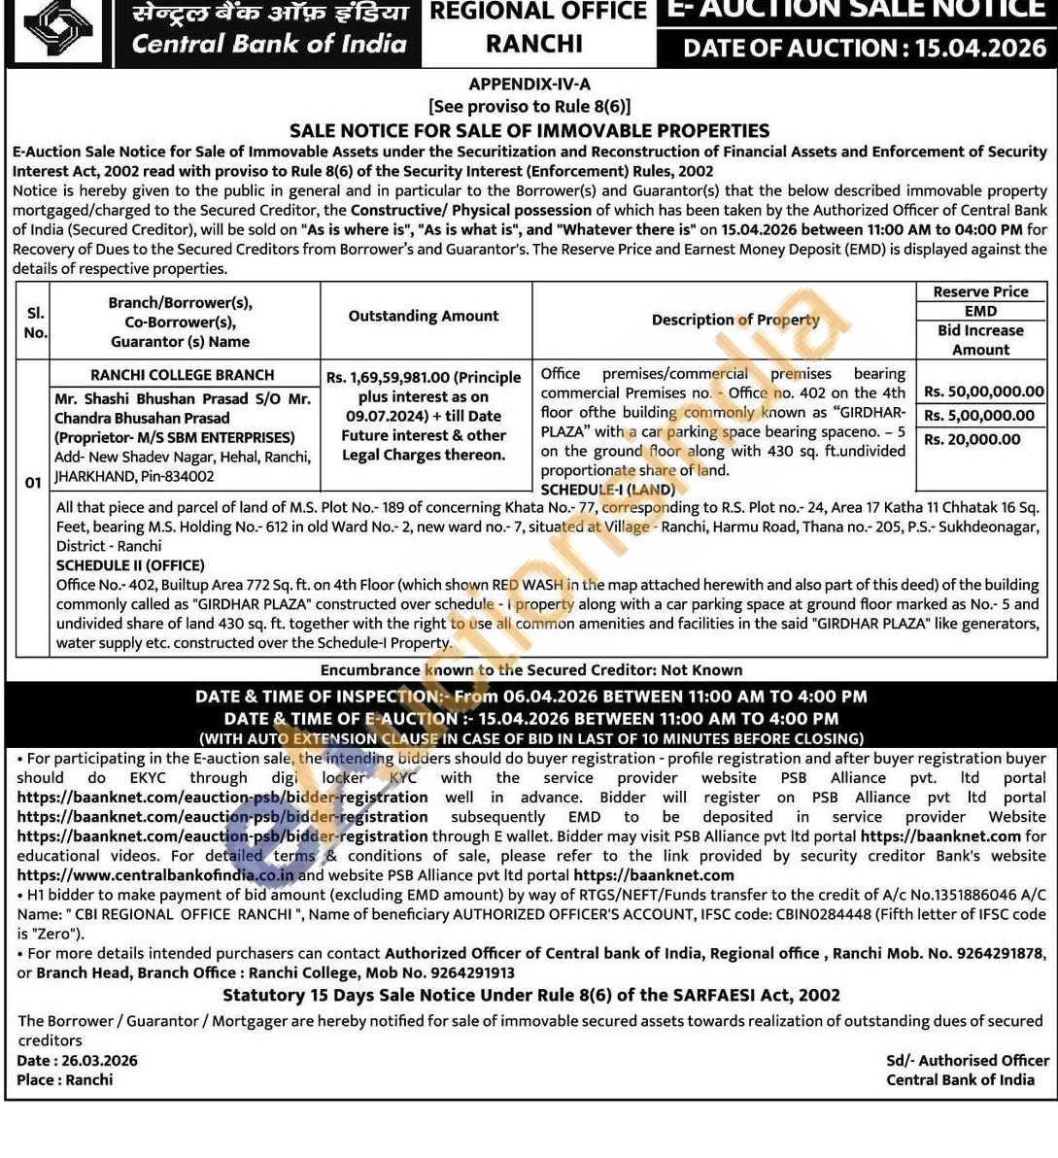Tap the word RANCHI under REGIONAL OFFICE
pyautogui.click(x=534, y=44)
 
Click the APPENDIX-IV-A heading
pyautogui.click(x=529, y=85)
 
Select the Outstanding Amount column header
pyautogui.click(x=424, y=316)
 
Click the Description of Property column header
pyautogui.click(x=735, y=320)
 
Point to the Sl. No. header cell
pyautogui.click(x=35, y=323)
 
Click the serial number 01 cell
pyautogui.click(x=33, y=483)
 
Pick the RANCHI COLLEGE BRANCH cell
pyautogui.click(x=183, y=375)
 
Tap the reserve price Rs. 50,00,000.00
pyautogui.click(x=983, y=392)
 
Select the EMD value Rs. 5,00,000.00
pyautogui.click(x=978, y=415)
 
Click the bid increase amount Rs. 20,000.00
pyautogui.click(x=972, y=439)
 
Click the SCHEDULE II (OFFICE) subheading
pyautogui.click(x=130, y=565)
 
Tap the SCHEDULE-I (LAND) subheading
pyautogui.click(x=607, y=490)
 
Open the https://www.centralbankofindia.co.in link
pyautogui.click(x=155, y=875)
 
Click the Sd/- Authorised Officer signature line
pyautogui.click(x=967, y=1060)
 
